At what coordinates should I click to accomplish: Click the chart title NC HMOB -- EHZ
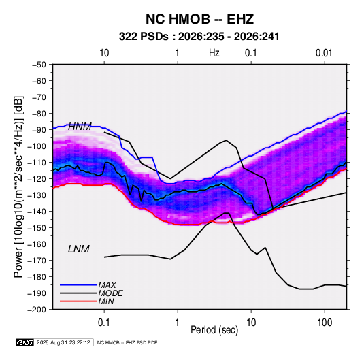coord(199,19)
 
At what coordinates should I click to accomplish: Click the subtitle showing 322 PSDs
coord(199,37)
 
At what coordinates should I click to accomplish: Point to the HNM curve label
coord(80,127)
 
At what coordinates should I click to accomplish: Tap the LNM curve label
coord(79,249)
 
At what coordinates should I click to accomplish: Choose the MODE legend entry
coord(91,293)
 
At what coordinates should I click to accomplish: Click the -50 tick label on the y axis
coord(39,65)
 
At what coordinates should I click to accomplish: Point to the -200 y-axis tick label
coord(37,310)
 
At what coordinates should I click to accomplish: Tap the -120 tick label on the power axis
coord(37,179)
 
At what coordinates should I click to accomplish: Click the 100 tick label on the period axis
coord(325,322)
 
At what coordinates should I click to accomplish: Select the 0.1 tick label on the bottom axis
coord(104,322)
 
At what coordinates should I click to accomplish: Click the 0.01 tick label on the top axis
coord(324,53)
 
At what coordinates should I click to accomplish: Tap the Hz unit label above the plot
coord(214,53)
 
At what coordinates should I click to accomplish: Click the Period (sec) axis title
coord(214,330)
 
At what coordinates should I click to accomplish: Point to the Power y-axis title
coord(18,187)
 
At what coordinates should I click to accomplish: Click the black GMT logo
coord(24,342)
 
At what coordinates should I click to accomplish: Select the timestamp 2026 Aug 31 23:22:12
coord(63,342)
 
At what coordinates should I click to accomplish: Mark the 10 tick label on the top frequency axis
coord(104,53)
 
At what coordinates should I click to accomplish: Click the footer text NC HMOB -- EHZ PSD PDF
coord(127,342)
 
